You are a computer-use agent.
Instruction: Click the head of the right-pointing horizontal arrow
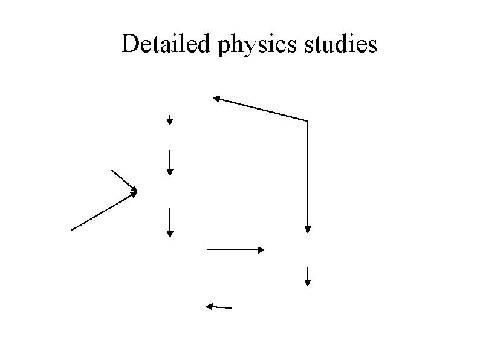coord(262,249)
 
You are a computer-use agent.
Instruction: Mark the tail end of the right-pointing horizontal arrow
coord(207,249)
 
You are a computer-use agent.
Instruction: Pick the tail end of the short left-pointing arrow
coord(232,308)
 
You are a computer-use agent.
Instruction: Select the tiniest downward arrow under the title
coord(170,120)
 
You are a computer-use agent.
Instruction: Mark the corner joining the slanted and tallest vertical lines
coord(308,121)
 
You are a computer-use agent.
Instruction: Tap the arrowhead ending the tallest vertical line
coord(308,229)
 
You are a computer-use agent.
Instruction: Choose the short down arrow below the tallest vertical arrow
coord(308,276)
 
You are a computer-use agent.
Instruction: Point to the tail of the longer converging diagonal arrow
coord(72,230)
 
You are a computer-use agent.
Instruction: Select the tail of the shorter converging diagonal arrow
coord(112,171)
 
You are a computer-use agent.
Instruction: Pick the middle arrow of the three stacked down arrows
coord(170,162)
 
